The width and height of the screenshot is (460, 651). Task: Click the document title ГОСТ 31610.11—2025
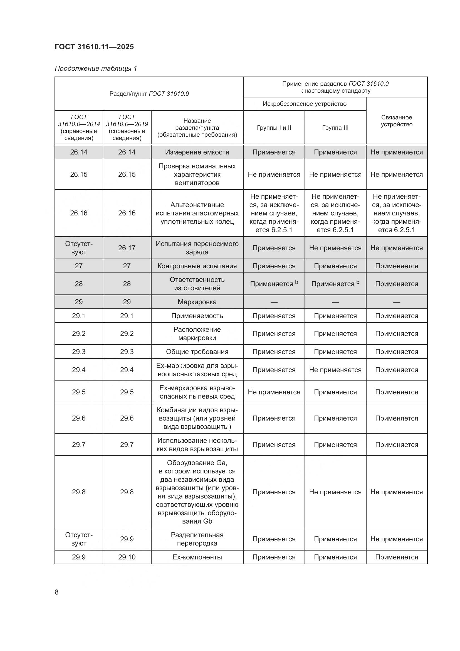click(x=94, y=47)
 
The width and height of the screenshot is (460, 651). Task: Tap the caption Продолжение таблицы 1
click(x=96, y=68)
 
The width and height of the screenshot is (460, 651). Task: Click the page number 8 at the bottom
click(x=57, y=592)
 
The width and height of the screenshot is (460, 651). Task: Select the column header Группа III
click(x=335, y=127)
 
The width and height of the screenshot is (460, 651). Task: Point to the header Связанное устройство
click(x=396, y=121)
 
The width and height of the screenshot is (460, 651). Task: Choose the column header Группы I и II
click(x=274, y=127)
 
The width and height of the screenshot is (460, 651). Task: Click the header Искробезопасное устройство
click(x=305, y=104)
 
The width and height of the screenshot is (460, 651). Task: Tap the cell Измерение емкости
click(x=197, y=152)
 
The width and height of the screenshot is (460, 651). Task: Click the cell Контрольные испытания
click(x=197, y=266)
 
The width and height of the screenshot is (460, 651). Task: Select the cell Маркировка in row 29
click(x=197, y=302)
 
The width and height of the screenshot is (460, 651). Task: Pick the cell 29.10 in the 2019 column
click(x=127, y=557)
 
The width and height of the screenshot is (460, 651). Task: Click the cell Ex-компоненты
click(x=197, y=557)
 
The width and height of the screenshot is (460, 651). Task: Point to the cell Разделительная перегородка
click(x=197, y=539)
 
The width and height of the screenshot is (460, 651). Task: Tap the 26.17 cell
click(x=127, y=248)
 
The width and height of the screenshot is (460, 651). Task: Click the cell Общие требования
click(x=197, y=352)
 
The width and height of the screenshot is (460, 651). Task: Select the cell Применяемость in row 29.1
click(x=197, y=316)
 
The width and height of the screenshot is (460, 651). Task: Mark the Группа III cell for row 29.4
click(x=335, y=370)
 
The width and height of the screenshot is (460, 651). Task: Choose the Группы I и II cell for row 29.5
click(x=274, y=392)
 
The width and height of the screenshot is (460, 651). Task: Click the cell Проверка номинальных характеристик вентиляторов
click(x=197, y=175)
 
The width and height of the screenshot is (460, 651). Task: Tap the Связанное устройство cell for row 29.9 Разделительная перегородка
click(x=396, y=539)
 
